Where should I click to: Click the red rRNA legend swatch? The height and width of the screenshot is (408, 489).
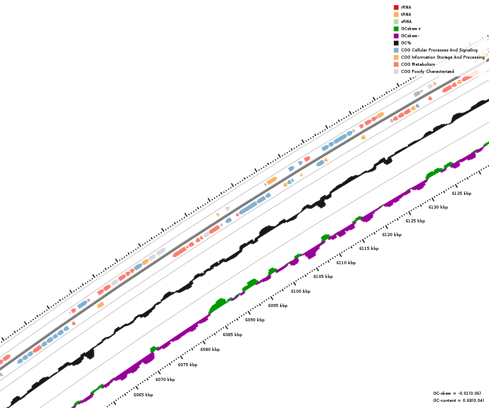[396, 7]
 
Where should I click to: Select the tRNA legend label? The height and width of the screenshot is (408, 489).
[406, 14]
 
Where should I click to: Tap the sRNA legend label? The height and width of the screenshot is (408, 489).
[406, 21]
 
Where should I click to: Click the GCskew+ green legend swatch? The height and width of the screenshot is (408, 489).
[396, 29]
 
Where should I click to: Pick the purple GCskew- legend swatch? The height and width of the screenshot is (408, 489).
[396, 36]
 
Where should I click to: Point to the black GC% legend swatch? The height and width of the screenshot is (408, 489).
[396, 43]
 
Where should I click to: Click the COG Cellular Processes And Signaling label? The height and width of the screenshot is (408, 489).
[439, 50]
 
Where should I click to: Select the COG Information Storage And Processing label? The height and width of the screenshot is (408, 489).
[443, 57]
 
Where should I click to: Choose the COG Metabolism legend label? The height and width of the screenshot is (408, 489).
[418, 64]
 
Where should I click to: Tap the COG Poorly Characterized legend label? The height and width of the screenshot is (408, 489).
[427, 71]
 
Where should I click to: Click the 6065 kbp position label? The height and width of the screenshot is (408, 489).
[143, 395]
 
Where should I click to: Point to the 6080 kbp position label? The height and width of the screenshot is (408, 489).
[210, 349]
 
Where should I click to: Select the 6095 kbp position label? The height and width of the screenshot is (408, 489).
[278, 305]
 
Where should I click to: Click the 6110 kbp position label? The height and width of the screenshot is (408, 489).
[346, 263]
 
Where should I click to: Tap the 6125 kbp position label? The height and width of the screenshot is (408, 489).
[415, 221]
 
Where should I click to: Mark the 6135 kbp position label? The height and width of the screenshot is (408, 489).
[461, 193]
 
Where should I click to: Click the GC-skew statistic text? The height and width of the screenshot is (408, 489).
[457, 393]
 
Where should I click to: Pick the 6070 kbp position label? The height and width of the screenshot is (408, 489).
[165, 379]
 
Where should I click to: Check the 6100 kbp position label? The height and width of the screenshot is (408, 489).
[301, 291]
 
